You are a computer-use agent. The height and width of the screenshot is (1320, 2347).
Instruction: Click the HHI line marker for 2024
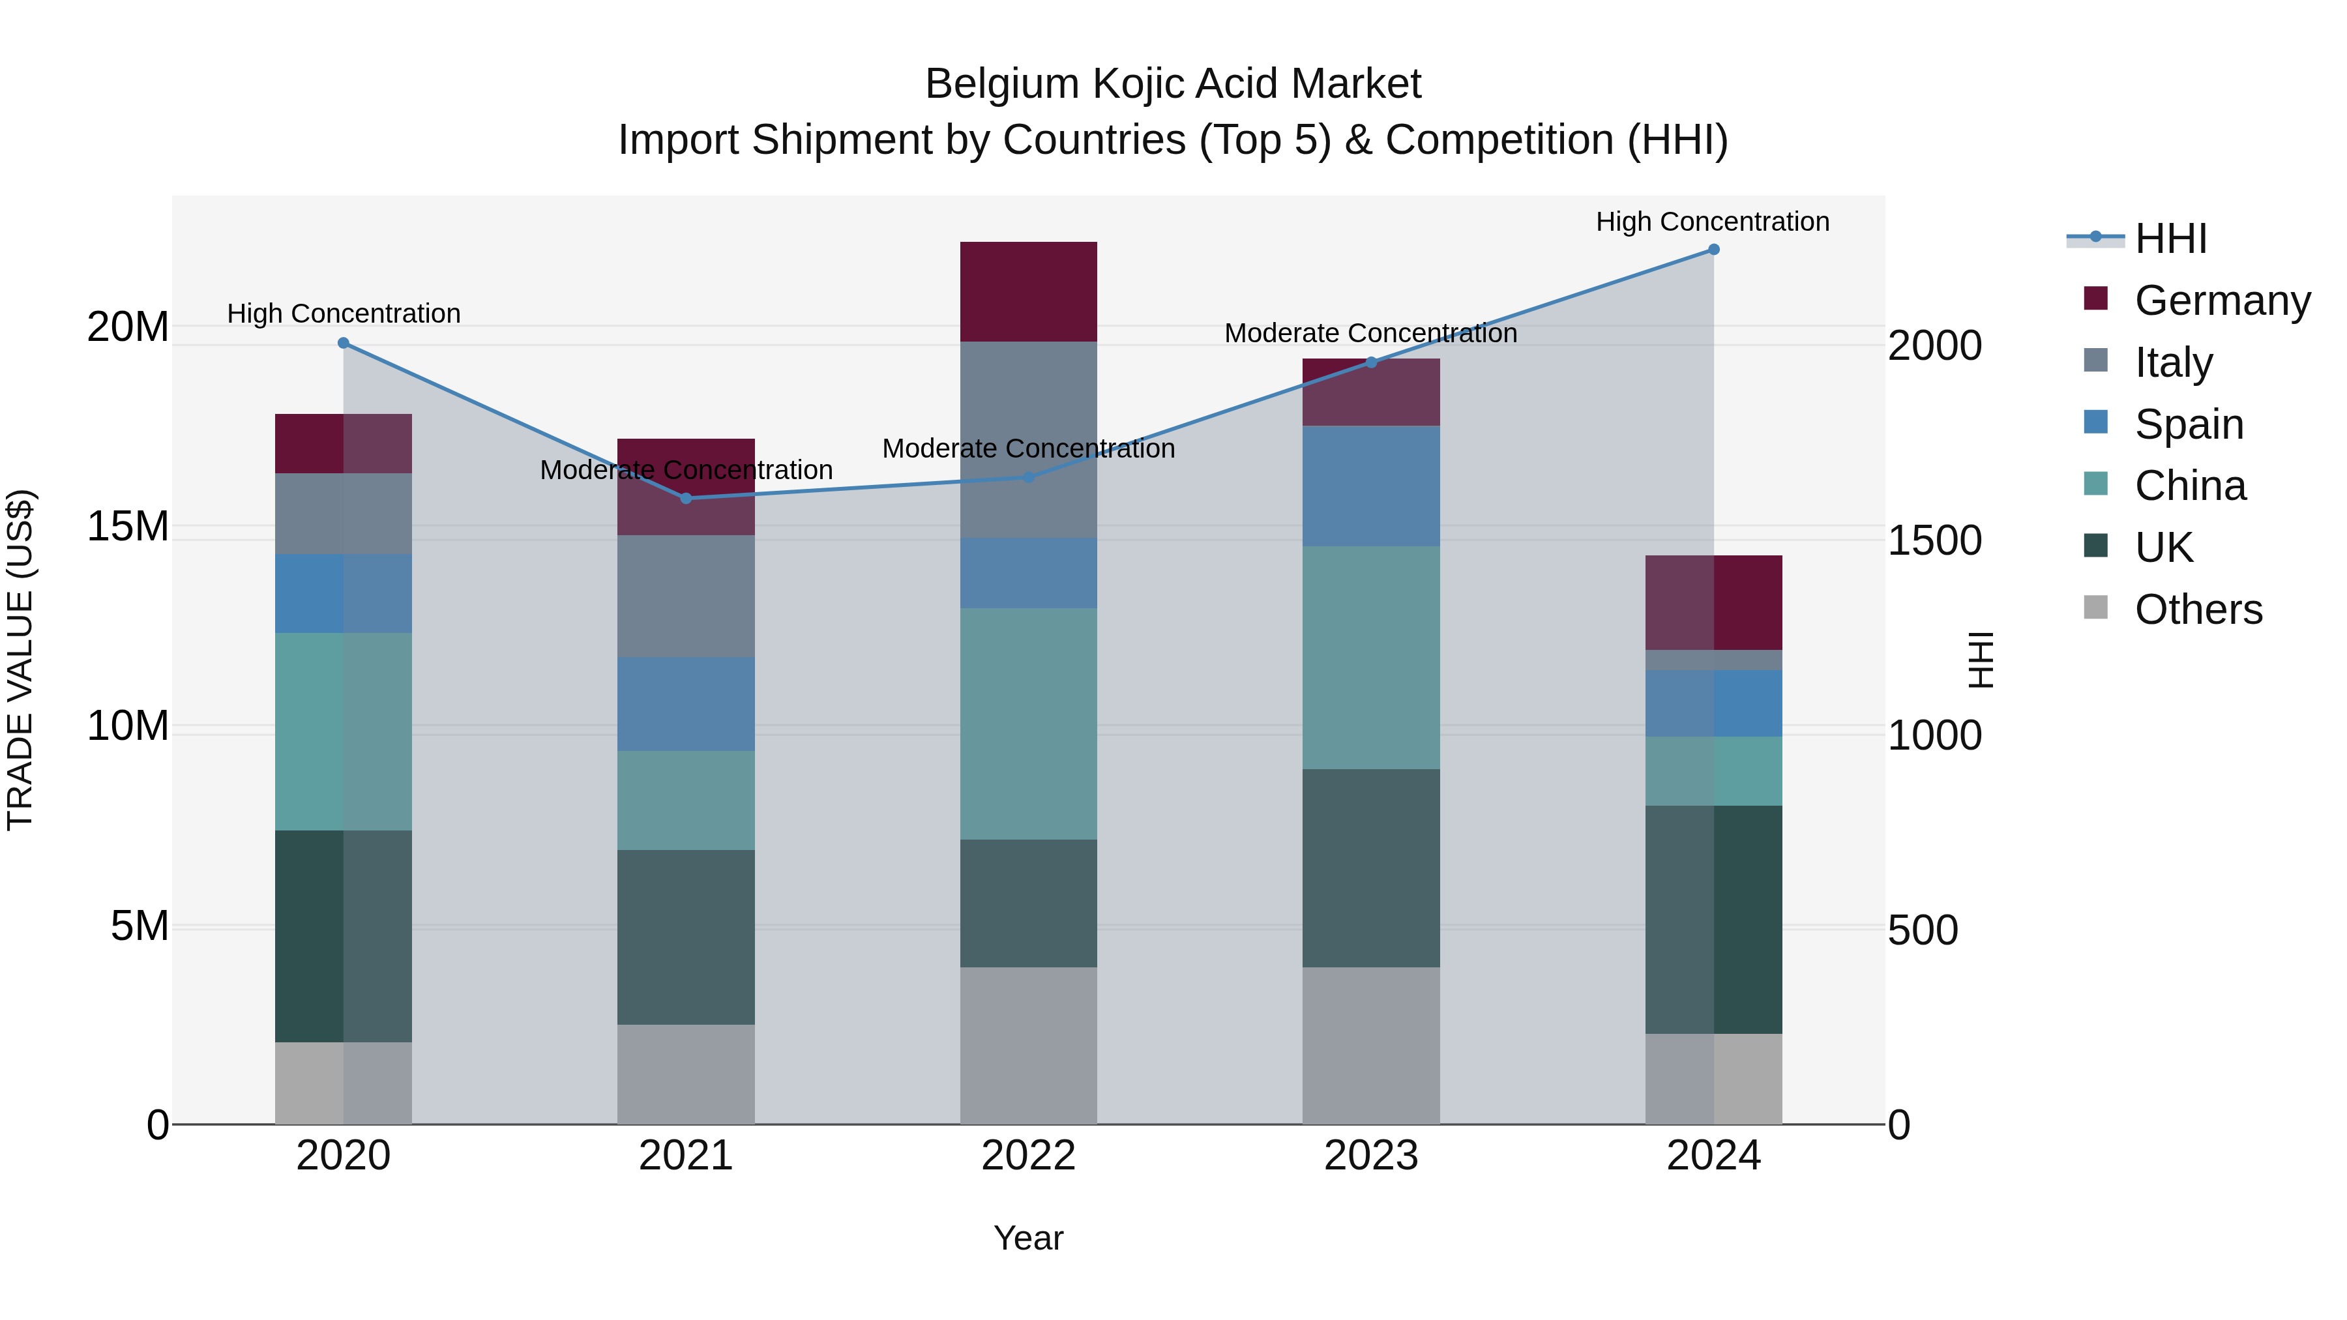[1713, 250]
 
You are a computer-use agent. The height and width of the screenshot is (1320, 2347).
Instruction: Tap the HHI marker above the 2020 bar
[344, 344]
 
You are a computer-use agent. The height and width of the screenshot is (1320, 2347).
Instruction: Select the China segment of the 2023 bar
[1370, 658]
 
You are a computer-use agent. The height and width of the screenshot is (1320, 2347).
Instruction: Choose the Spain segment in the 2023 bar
[1370, 486]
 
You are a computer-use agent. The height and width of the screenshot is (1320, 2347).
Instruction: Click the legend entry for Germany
[2221, 301]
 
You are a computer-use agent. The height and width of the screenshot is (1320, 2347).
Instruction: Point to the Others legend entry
[2198, 609]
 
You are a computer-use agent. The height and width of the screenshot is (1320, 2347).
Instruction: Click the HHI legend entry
[2170, 239]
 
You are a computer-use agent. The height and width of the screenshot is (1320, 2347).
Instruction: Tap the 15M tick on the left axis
[128, 527]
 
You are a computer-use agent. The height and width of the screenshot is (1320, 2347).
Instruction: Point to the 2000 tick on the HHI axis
[1934, 346]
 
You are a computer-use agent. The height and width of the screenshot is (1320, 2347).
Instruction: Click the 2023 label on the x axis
[1370, 1156]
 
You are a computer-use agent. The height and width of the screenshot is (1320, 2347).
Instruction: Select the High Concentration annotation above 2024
[1712, 222]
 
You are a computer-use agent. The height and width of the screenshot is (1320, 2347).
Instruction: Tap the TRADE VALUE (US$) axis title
[20, 660]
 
